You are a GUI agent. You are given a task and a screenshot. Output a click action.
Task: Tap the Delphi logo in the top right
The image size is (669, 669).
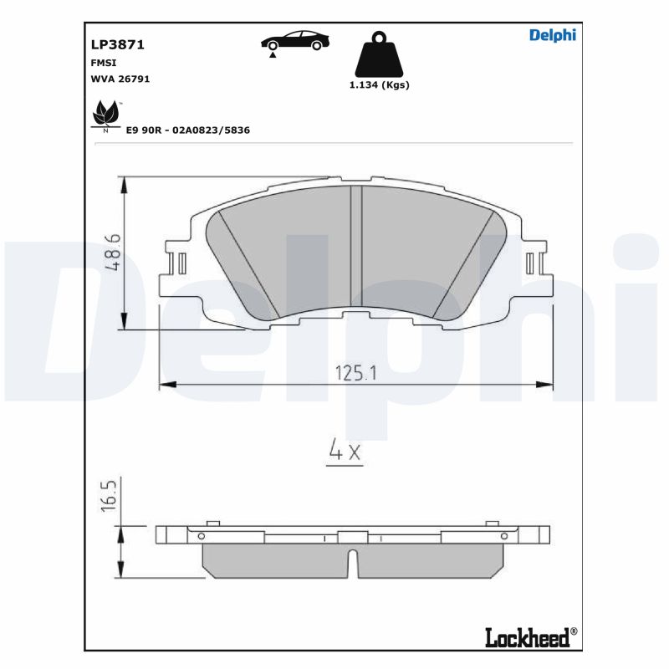[553, 35]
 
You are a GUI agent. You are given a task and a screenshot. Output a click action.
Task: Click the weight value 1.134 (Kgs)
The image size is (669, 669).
[379, 85]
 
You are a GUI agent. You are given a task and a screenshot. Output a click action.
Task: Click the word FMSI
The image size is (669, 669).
[104, 62]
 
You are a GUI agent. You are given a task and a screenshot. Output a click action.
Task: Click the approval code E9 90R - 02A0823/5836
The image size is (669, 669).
[188, 130]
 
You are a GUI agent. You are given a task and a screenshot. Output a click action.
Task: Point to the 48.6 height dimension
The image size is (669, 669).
[114, 252]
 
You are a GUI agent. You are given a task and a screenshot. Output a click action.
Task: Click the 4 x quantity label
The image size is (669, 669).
[343, 452]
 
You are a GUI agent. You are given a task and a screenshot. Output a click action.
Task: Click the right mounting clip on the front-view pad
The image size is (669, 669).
[529, 264]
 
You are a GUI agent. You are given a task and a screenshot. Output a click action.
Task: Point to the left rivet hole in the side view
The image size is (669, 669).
[201, 536]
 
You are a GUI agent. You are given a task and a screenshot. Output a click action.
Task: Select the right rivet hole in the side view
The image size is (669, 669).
[503, 536]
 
